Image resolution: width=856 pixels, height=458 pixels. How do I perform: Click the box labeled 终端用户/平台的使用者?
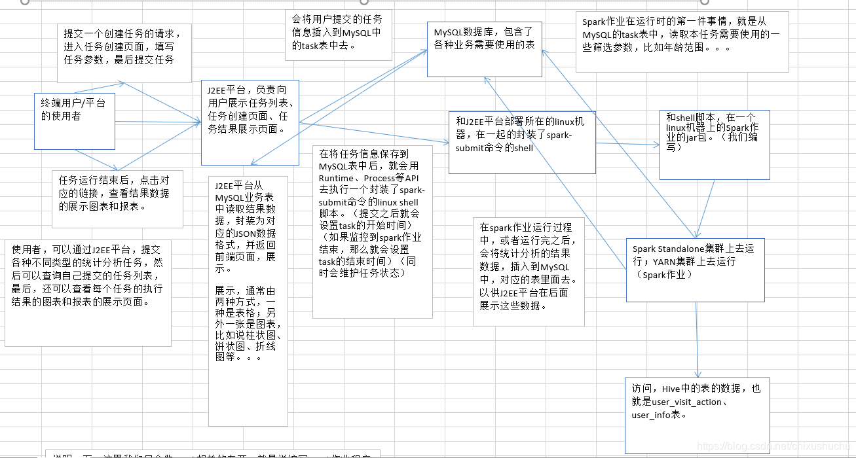(74, 121)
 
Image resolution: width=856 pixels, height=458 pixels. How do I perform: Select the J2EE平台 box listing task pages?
(250, 122)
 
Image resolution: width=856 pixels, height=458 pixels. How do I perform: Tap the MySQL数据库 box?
(485, 48)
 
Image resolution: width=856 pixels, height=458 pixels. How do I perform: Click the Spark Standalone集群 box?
(695, 269)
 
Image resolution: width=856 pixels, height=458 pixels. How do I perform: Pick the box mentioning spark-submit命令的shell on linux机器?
(522, 142)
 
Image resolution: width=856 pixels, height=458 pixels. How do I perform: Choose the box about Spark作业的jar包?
(714, 145)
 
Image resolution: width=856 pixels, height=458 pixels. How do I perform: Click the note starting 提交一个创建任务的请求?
(120, 52)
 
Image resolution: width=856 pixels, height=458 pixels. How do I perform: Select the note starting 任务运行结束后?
(117, 198)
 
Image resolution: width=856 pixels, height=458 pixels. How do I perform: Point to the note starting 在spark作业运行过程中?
(528, 271)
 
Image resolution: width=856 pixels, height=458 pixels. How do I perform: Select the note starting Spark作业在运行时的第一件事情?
(682, 41)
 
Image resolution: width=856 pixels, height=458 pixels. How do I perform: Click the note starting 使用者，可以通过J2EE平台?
(88, 292)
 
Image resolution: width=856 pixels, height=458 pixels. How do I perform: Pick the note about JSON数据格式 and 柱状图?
(248, 300)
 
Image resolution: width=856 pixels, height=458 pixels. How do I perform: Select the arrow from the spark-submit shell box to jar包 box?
(627, 145)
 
